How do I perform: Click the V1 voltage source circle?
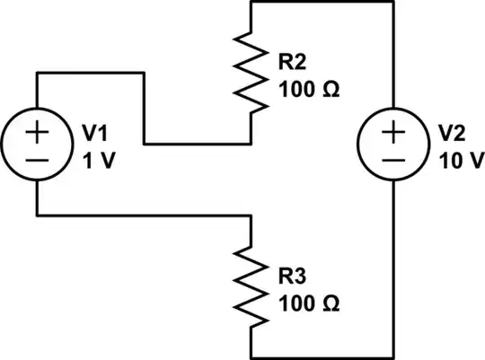[x=37, y=144]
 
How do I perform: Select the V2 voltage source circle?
[x=393, y=144]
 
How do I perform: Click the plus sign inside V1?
[x=37, y=132]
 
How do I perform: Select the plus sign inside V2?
[x=393, y=132]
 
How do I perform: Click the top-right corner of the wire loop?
[x=393, y=2]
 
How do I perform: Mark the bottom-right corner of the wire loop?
[x=393, y=356]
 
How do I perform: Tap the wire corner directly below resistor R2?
[x=251, y=143]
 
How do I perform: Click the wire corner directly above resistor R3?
[x=251, y=215]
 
